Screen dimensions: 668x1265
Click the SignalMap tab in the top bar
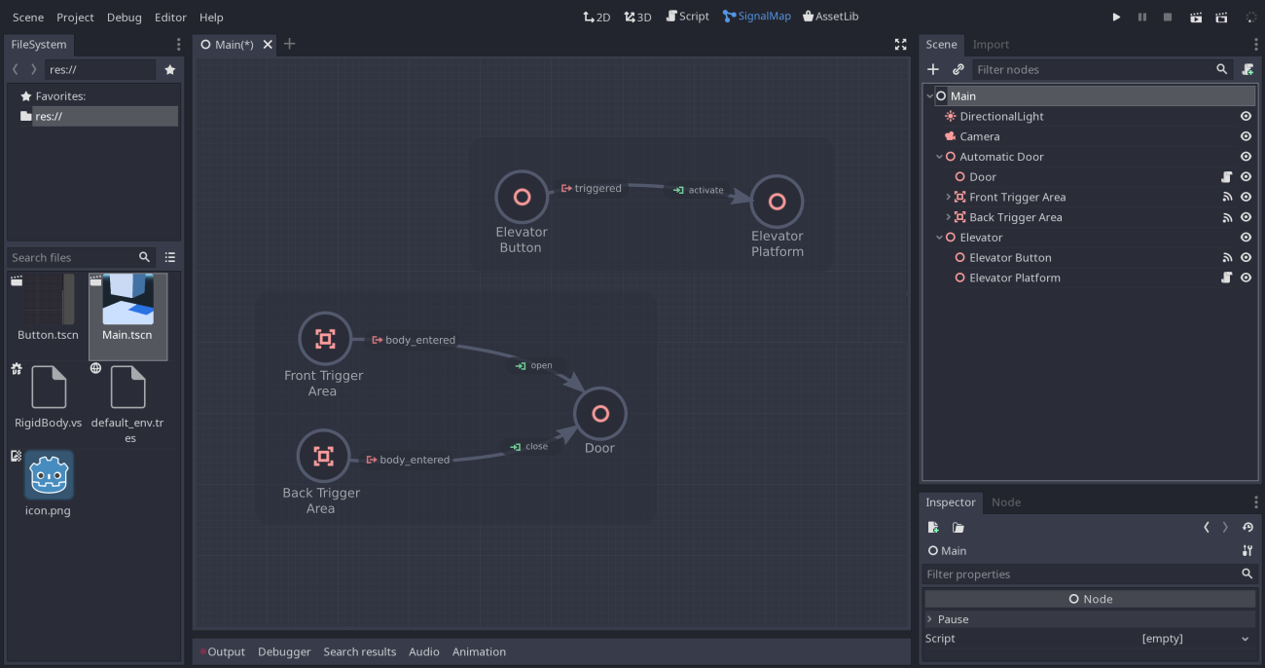(757, 17)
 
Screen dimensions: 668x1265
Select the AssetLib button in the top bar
(830, 17)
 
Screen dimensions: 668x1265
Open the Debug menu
(124, 18)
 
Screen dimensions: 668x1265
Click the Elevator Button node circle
(522, 198)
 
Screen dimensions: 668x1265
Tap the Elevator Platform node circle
(777, 202)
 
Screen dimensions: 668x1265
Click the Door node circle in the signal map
(600, 414)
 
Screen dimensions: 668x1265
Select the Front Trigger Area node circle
(324, 339)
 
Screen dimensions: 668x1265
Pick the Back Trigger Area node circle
(323, 456)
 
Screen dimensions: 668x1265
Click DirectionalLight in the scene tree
(1001, 117)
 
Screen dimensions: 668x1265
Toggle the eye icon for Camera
(1246, 136)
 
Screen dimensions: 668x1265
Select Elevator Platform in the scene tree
(1014, 278)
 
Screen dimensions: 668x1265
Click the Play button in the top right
(1116, 18)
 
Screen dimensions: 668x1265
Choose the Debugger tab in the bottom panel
(284, 652)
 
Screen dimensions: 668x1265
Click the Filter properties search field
(1080, 575)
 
